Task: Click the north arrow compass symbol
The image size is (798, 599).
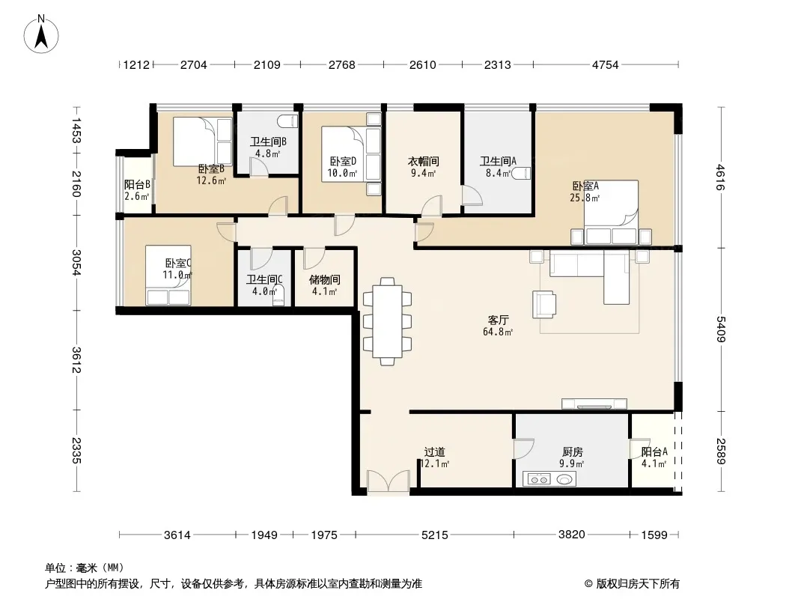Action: point(41,34)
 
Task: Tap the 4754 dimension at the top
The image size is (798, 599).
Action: point(605,64)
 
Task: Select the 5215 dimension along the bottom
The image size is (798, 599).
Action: point(435,535)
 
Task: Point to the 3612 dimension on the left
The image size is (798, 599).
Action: point(76,359)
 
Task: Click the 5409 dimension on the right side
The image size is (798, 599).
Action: point(721,329)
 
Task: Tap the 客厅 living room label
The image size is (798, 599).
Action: point(498,320)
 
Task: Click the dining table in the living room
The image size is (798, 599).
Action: point(387,321)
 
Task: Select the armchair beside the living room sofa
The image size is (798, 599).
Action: point(544,304)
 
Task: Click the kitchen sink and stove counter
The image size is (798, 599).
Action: point(549,479)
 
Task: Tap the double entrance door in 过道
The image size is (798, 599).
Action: point(389,481)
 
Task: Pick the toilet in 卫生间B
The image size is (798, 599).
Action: point(287,121)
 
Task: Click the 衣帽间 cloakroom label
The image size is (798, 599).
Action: point(424,161)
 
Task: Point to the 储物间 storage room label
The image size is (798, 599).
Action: point(324,279)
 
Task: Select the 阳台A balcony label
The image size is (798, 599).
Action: point(654,452)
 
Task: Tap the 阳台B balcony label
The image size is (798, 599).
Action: point(137,185)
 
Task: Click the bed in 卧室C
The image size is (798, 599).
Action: point(168,276)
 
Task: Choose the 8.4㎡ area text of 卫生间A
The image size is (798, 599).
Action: point(498,173)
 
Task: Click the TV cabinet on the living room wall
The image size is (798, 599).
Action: point(594,404)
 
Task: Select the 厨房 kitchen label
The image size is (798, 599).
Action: point(573,452)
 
